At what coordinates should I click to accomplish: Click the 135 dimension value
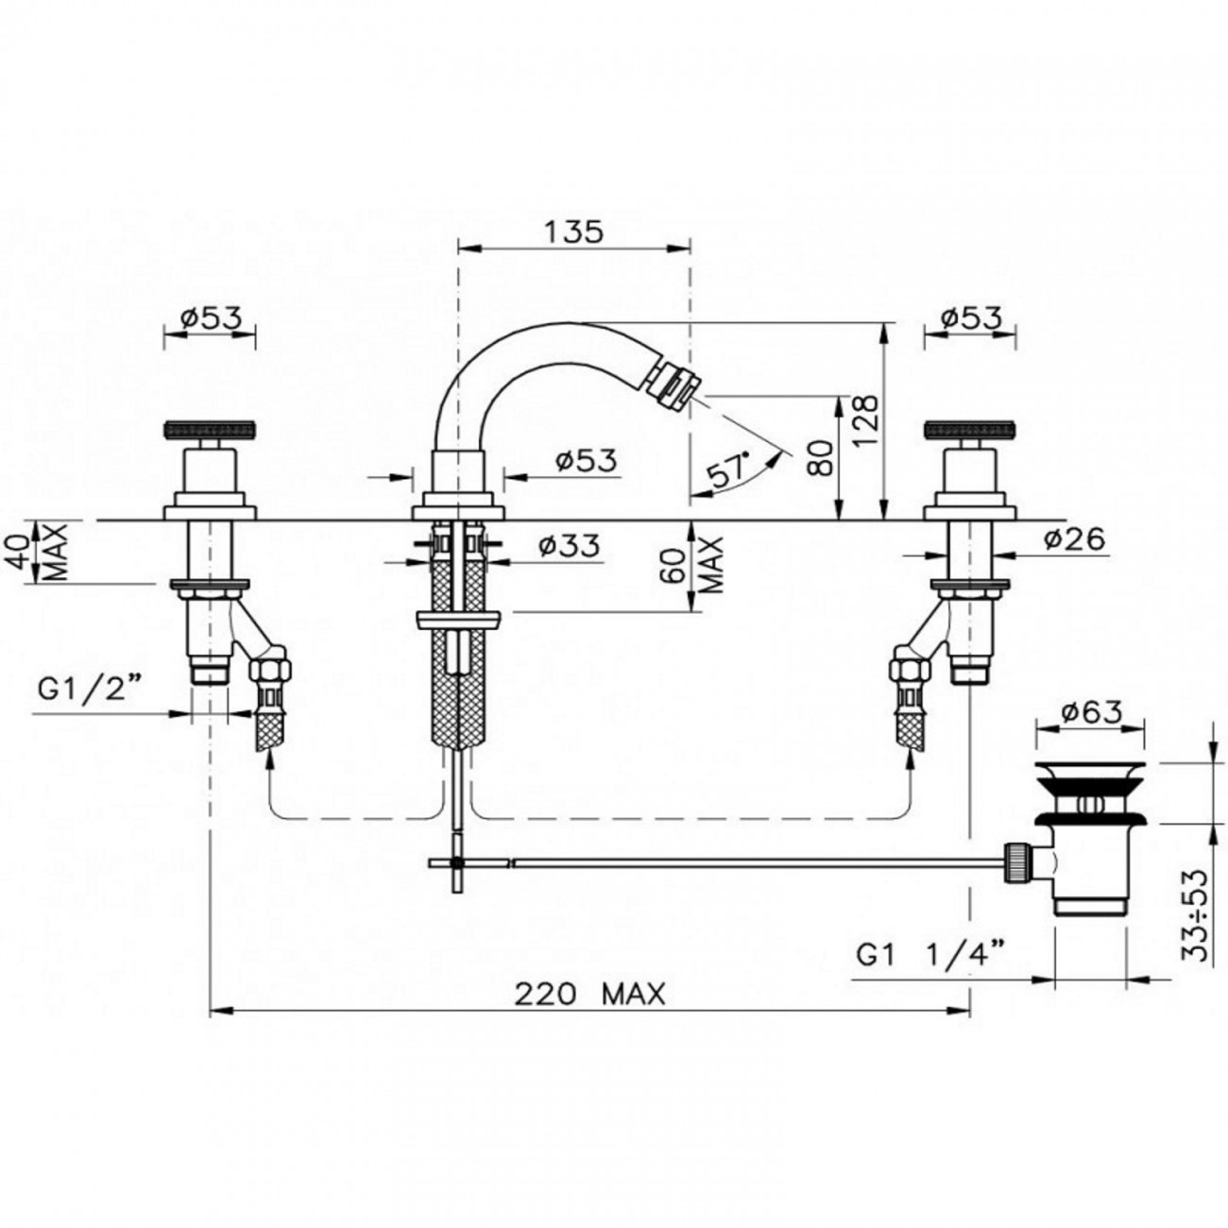tap(573, 232)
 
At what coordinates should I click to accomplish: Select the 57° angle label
tap(727, 469)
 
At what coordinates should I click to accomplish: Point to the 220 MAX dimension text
tap(589, 994)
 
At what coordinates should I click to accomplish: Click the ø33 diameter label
tap(569, 545)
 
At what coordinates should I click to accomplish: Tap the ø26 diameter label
tap(1074, 539)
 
